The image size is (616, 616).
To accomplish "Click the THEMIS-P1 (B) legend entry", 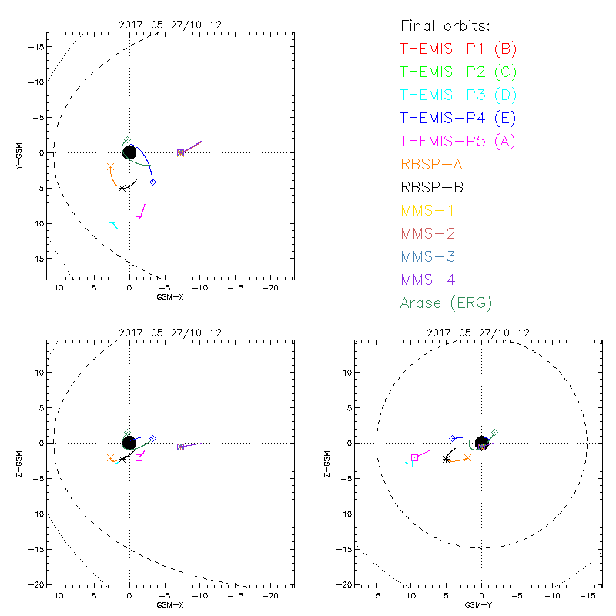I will pyautogui.click(x=458, y=49).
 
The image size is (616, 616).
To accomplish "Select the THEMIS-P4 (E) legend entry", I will pyautogui.click(x=458, y=118).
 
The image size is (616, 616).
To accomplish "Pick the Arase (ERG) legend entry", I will pyautogui.click(x=446, y=303).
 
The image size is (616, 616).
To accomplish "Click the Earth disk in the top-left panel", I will pyautogui.click(x=129, y=152).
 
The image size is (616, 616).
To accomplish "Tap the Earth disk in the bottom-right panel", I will pyautogui.click(x=482, y=442).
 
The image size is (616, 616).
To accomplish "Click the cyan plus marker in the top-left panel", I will pyautogui.click(x=112, y=223).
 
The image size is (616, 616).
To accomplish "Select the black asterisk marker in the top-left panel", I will pyautogui.click(x=122, y=188).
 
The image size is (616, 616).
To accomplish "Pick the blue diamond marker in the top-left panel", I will pyautogui.click(x=152, y=182).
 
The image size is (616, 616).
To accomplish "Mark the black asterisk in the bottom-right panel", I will pyautogui.click(x=446, y=459).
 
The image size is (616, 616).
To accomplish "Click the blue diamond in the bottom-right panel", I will pyautogui.click(x=453, y=438).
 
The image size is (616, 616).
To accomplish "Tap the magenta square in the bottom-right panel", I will pyautogui.click(x=414, y=457).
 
